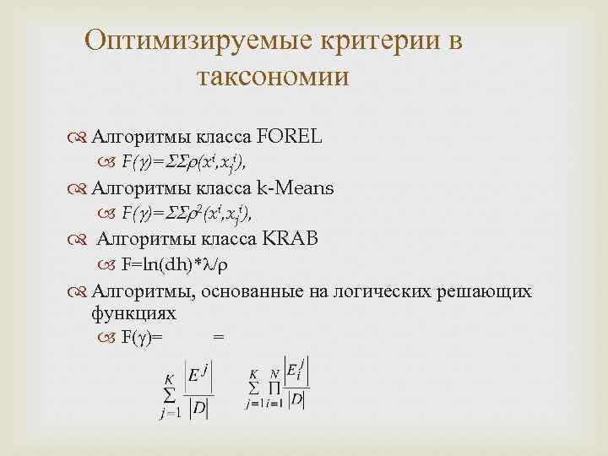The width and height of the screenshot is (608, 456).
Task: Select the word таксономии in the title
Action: point(272,78)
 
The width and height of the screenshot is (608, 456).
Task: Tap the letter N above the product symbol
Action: point(274,374)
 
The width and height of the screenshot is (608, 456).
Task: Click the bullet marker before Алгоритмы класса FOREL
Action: point(80,136)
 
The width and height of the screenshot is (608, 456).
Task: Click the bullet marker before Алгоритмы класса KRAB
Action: point(80,240)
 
